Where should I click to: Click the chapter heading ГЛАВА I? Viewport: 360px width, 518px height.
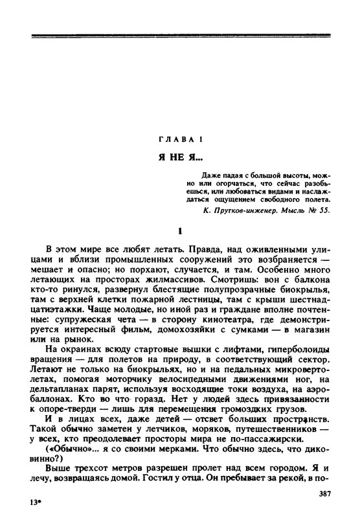coord(180,140)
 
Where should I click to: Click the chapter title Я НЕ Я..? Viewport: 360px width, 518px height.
coord(178,158)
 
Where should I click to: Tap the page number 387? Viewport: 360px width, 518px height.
coord(326,493)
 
